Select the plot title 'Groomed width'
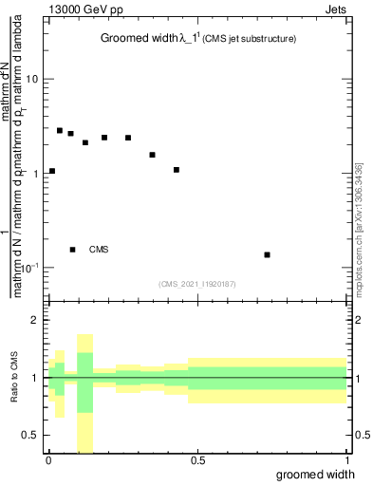click(x=132, y=39)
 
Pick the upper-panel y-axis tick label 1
click(x=34, y=174)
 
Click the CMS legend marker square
click(x=72, y=250)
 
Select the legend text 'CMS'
click(x=99, y=250)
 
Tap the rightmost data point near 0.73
click(x=268, y=254)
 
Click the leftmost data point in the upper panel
click(x=52, y=171)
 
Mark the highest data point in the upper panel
click(x=60, y=130)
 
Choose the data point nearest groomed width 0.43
click(x=177, y=170)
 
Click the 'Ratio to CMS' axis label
click(x=14, y=378)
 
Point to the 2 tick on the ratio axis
click(x=35, y=320)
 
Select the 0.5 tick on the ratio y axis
click(x=30, y=435)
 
